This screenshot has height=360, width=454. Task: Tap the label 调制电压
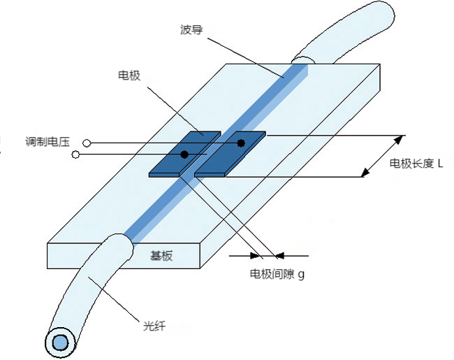(x=46, y=143)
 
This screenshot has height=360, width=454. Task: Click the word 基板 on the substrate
(x=161, y=256)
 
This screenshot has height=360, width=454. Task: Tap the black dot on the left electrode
(x=184, y=154)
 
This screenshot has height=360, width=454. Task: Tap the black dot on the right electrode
(x=241, y=143)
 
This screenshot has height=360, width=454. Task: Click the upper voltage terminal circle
(x=87, y=143)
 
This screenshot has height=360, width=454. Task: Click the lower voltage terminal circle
(x=75, y=154)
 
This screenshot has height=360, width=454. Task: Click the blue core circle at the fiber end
(x=59, y=343)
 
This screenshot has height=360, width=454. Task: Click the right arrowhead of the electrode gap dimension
(x=280, y=255)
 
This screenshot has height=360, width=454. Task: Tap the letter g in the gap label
(x=301, y=275)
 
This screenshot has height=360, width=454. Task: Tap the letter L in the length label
(x=441, y=165)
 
